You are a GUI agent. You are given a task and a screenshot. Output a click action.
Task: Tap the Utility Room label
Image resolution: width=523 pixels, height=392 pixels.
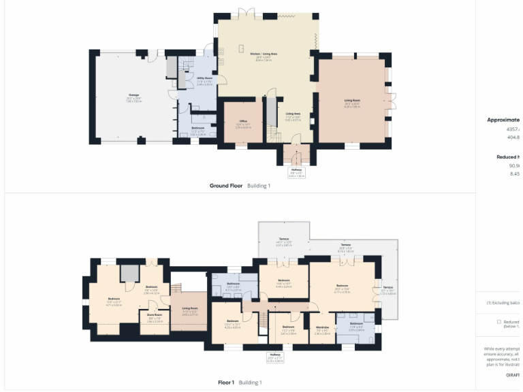click(204, 80)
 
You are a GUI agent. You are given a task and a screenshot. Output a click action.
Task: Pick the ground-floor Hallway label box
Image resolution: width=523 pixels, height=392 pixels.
click(296, 171)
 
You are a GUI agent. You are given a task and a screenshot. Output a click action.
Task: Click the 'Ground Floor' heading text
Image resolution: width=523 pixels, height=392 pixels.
click(226, 185)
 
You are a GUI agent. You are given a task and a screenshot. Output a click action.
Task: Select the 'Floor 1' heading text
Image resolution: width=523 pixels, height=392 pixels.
click(226, 382)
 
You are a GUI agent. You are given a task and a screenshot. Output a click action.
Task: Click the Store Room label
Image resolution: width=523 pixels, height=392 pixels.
click(155, 316)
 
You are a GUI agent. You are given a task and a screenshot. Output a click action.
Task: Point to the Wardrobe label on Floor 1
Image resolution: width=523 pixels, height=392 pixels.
click(322, 331)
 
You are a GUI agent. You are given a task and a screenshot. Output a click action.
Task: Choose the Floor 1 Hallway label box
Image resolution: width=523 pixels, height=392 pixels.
click(274, 356)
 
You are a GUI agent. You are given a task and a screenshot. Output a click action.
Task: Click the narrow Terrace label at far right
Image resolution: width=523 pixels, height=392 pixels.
click(387, 290)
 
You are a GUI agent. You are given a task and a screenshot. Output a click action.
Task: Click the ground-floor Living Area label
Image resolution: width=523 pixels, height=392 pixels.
click(294, 116)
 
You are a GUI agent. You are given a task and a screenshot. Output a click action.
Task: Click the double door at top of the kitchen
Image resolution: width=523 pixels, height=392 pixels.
click(247, 14)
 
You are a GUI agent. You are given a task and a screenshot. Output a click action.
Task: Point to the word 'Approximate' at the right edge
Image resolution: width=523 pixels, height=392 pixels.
click(503, 120)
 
